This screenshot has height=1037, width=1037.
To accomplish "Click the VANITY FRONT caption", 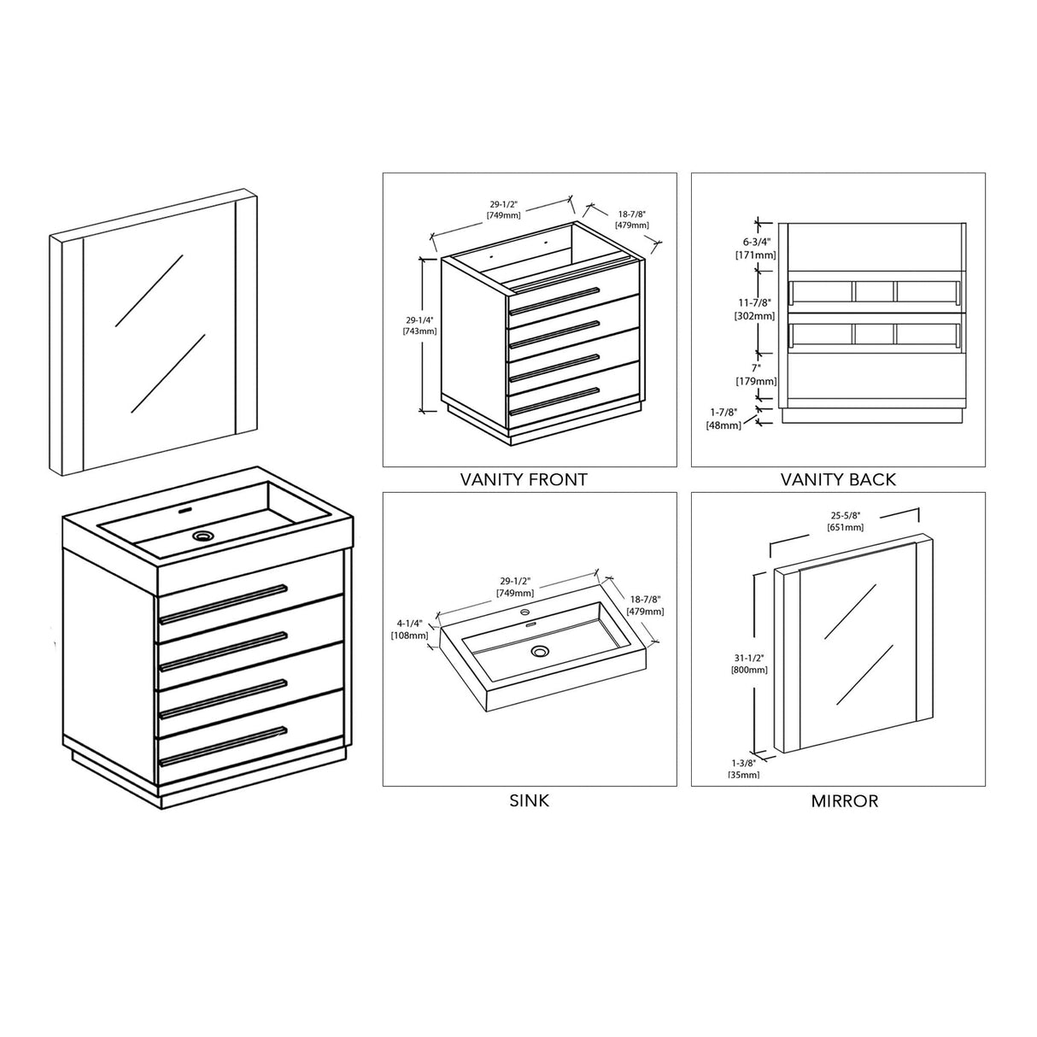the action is coord(524,479).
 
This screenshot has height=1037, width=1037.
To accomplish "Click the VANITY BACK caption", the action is coord(838,479).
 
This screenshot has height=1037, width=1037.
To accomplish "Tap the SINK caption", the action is coord(530,800).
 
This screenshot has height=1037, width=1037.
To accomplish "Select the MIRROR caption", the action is coord(844,800).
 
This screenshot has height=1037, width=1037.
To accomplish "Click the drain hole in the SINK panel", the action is coord(539,652).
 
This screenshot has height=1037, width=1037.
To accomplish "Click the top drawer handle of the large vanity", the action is coord(223,604).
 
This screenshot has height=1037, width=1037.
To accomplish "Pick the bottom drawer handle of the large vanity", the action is coord(223,747).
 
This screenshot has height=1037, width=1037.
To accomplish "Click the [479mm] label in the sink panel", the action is coord(645,612).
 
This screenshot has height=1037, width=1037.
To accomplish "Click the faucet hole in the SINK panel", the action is coord(524,612).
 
